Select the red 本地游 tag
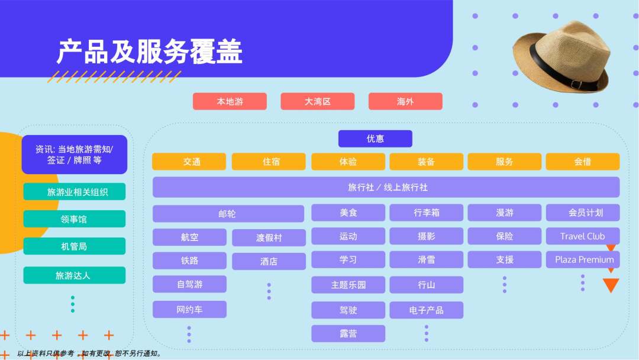(x=230, y=101)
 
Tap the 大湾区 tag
(x=318, y=101)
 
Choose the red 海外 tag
(x=405, y=101)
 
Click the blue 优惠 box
(x=375, y=139)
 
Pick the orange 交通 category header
(x=189, y=162)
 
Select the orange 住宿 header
(x=269, y=162)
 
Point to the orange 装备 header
(x=426, y=162)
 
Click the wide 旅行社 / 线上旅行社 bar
(x=386, y=187)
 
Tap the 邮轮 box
(x=228, y=214)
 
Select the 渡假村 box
(x=269, y=237)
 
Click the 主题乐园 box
(x=348, y=285)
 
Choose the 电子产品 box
(x=426, y=310)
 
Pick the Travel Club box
(x=582, y=236)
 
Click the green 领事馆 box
(x=75, y=219)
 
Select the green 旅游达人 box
(x=75, y=275)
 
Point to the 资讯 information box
(x=75, y=155)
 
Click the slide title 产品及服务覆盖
(x=150, y=52)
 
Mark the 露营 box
(x=348, y=333)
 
